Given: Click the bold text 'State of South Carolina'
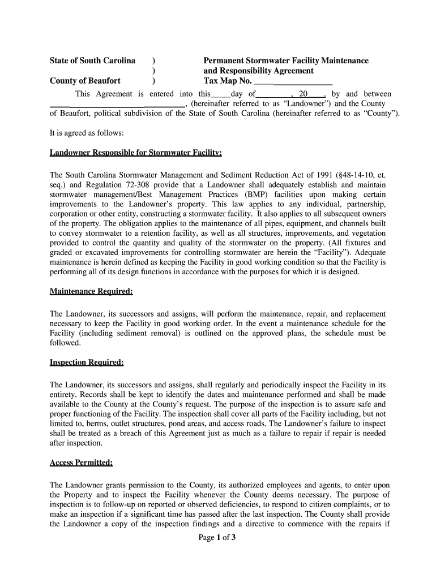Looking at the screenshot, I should pos(92,61).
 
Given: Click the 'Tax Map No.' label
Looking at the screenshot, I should pos(228,81).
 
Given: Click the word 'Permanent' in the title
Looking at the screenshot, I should pos(225,61).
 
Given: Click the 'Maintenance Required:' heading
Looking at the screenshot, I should pos(91,292).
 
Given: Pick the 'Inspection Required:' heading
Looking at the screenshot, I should pos(87,362).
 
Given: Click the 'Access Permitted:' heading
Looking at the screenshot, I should pos(81,463).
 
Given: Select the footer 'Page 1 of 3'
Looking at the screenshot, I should pos(217,538).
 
